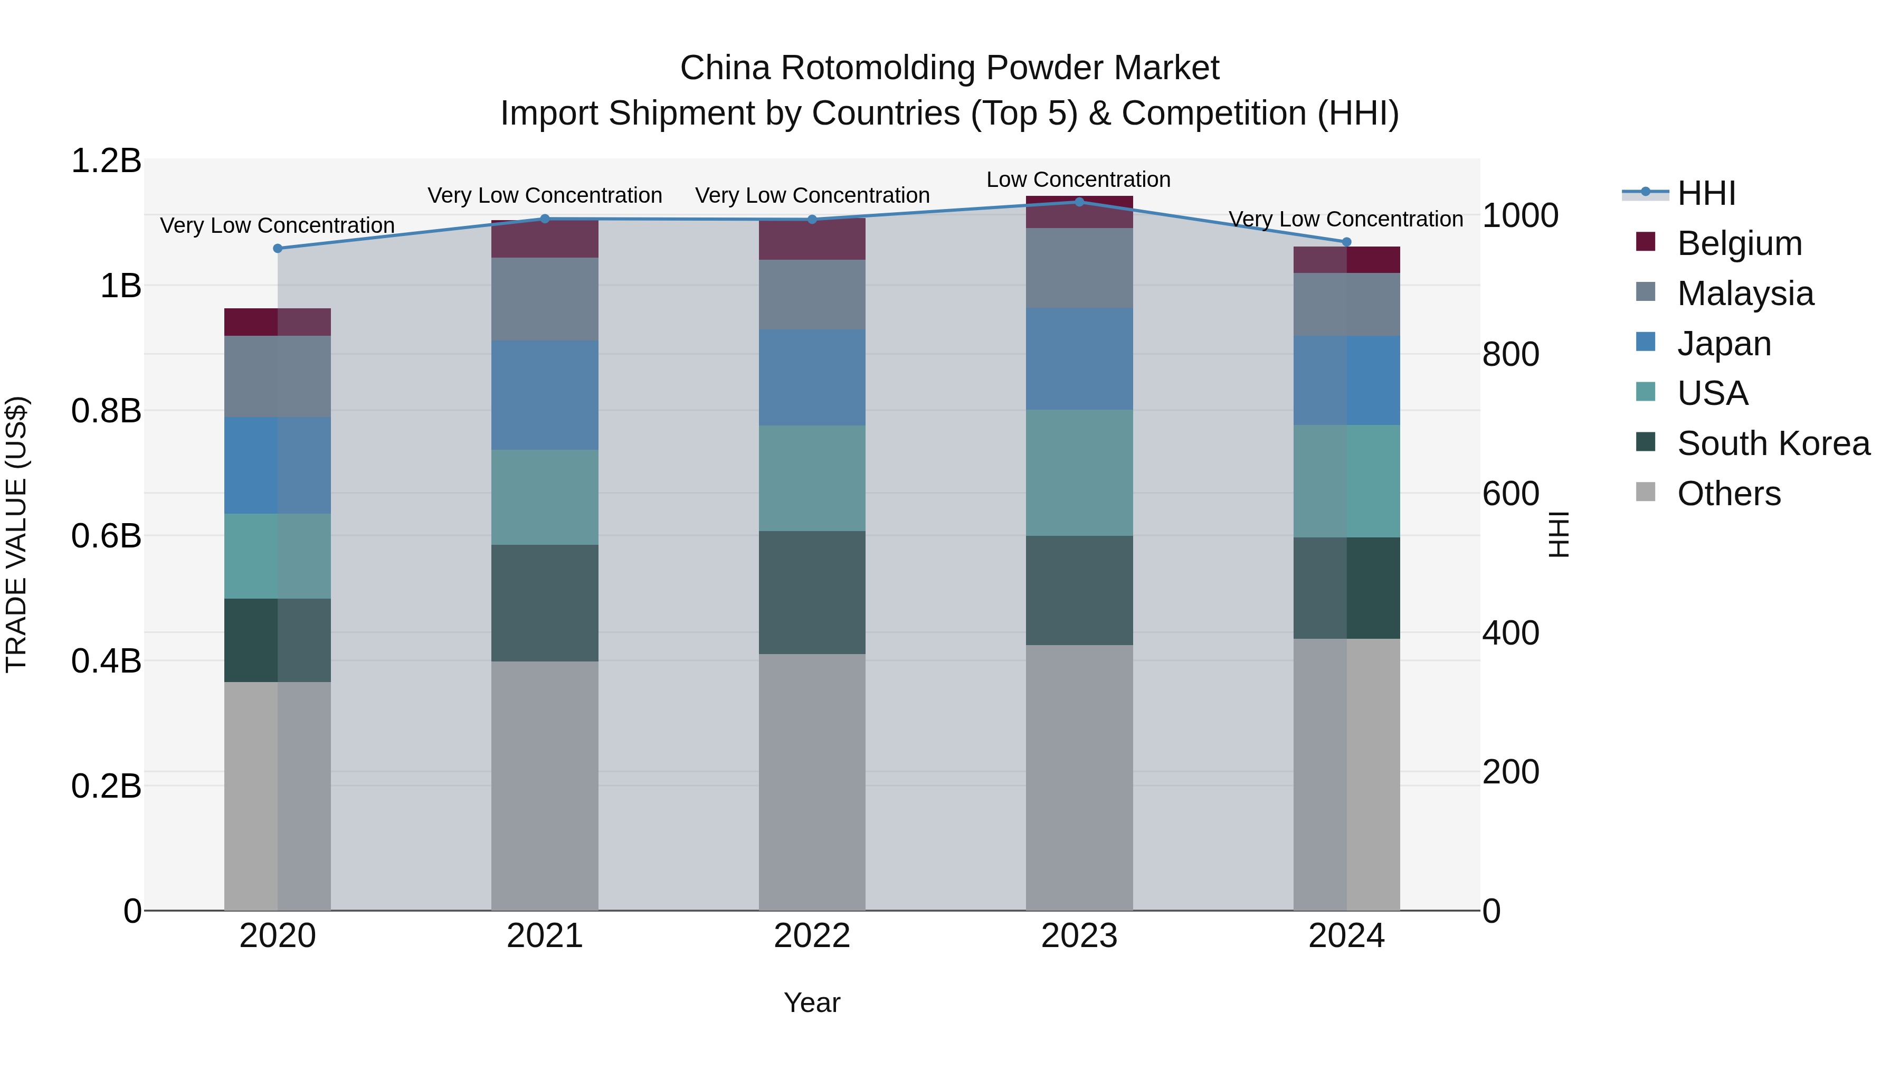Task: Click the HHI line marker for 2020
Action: (x=277, y=249)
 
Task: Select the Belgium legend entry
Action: (x=1738, y=243)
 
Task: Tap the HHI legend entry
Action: (x=1705, y=193)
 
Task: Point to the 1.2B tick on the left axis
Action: (x=106, y=161)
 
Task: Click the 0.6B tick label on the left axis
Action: (x=106, y=536)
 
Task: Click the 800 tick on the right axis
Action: (x=1510, y=354)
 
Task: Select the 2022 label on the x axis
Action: (x=812, y=936)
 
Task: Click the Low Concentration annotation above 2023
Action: (x=1078, y=179)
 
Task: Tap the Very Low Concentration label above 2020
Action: (x=277, y=225)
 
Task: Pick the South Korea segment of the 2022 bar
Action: (x=812, y=592)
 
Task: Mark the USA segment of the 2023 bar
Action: (x=1079, y=473)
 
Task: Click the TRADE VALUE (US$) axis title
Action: (x=16, y=534)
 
